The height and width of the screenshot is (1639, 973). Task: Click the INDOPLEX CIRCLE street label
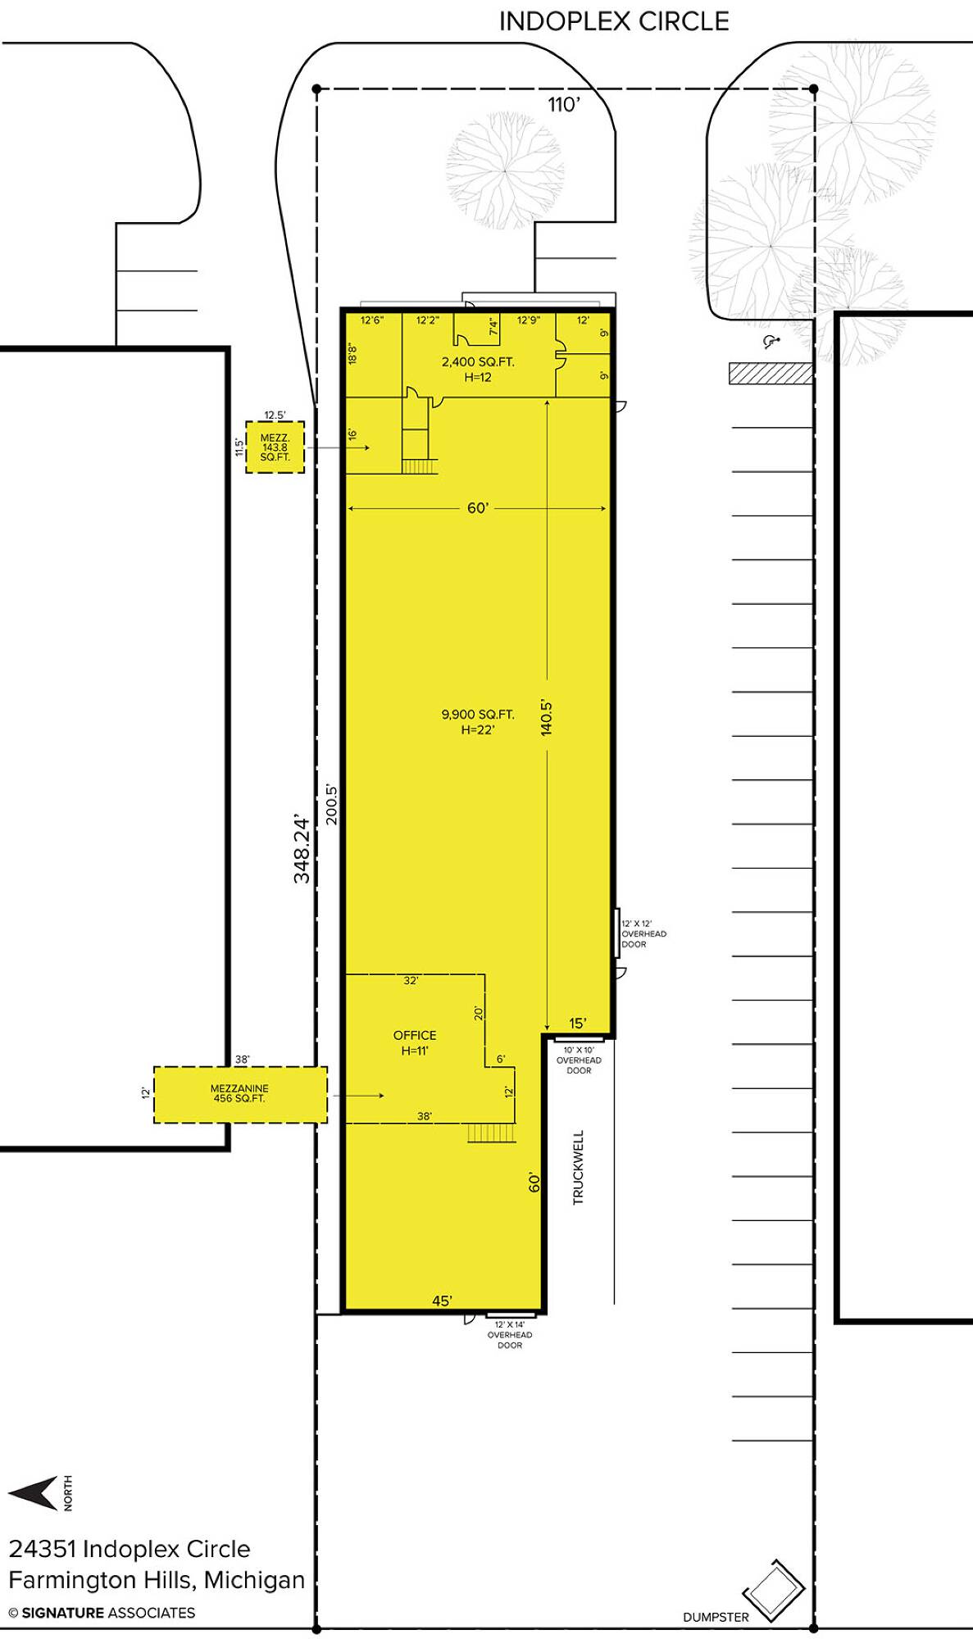pos(614,21)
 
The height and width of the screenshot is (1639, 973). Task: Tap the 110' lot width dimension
pos(564,104)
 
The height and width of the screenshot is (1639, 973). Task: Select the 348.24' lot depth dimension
pos(302,849)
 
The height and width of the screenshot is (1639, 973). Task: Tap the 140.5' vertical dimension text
pos(547,717)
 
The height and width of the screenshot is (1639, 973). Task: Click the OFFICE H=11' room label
pos(415,1042)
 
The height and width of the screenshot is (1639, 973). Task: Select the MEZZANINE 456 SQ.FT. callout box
pos(240,1094)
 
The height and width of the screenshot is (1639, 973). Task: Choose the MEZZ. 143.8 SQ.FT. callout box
pos(275,447)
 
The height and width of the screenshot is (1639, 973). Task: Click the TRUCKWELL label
pos(578,1167)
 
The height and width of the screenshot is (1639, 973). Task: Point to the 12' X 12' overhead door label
pos(643,933)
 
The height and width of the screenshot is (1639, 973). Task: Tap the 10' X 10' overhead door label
pos(579,1060)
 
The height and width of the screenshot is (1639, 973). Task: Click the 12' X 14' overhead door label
pos(510,1334)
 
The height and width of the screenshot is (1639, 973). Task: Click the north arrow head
pos(33,1493)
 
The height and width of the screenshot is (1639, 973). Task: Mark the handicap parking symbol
pos(770,342)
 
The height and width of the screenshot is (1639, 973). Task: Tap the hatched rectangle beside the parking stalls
pos(771,374)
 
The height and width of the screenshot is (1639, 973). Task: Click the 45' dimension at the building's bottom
pos(442,1301)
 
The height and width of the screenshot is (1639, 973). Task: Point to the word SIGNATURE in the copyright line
pos(63,1613)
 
